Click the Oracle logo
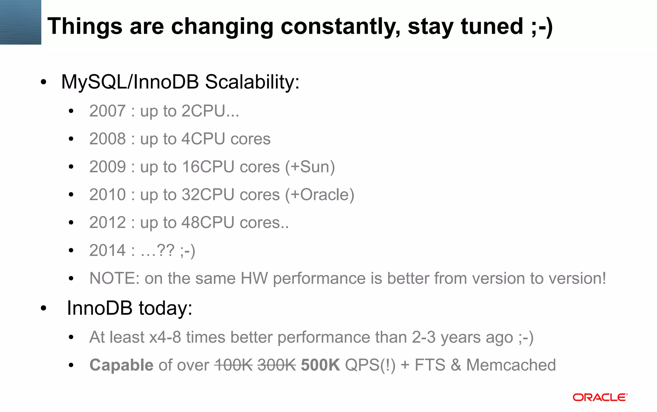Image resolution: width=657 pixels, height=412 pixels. tap(600, 397)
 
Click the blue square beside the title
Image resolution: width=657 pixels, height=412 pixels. tap(21, 22)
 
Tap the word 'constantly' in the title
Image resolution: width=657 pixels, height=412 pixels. tap(340, 26)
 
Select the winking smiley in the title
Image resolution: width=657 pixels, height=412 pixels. tap(542, 26)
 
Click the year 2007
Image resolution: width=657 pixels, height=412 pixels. tap(107, 111)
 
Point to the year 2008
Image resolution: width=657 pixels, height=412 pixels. tap(107, 139)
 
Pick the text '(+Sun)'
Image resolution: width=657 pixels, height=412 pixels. tap(310, 167)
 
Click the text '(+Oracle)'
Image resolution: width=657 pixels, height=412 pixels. tap(320, 195)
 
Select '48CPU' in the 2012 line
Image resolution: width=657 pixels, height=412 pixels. tap(208, 223)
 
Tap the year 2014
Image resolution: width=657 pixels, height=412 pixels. tap(107, 251)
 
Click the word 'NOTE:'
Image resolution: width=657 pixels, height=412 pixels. tap(114, 278)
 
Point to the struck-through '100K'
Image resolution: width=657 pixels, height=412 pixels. tap(233, 365)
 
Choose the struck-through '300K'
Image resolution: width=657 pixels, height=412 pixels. tap(276, 365)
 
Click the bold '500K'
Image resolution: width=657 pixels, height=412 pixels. tap(320, 365)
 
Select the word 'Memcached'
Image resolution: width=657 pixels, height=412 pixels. tap(511, 365)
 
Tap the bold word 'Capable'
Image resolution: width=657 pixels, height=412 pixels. tap(121, 365)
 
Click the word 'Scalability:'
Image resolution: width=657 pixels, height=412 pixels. tap(252, 82)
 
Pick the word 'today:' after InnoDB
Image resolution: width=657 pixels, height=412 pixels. tap(165, 308)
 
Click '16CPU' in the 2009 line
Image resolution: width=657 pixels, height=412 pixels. tap(208, 167)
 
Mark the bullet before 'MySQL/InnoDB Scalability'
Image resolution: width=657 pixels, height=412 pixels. tap(44, 82)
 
